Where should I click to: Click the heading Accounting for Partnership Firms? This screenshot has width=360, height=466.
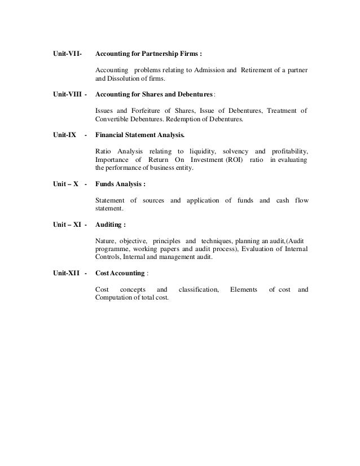[149, 54]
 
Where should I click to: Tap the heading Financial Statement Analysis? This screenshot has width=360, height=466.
[140, 135]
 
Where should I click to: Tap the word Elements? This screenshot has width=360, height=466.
[243, 289]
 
